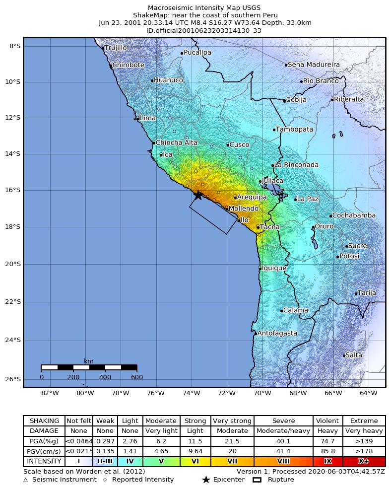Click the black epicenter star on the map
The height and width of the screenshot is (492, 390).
click(x=197, y=195)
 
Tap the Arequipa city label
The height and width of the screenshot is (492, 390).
click(x=252, y=197)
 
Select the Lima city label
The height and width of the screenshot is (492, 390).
click(x=147, y=118)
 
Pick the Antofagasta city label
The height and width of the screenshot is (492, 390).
click(x=277, y=333)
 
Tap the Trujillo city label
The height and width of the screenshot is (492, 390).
click(x=116, y=48)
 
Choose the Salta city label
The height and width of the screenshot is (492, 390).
click(x=354, y=355)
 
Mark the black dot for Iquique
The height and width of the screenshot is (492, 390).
click(x=260, y=269)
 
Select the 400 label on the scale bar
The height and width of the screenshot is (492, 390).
click(x=105, y=377)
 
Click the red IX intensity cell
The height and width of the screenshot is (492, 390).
click(x=327, y=461)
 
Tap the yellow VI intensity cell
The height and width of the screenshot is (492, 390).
click(x=195, y=461)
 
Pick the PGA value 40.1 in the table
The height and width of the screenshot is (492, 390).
click(x=283, y=441)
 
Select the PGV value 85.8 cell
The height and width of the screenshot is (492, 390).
click(x=327, y=451)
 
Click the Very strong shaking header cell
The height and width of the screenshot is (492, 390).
click(x=232, y=421)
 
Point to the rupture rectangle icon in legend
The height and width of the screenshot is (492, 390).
click(x=257, y=480)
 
